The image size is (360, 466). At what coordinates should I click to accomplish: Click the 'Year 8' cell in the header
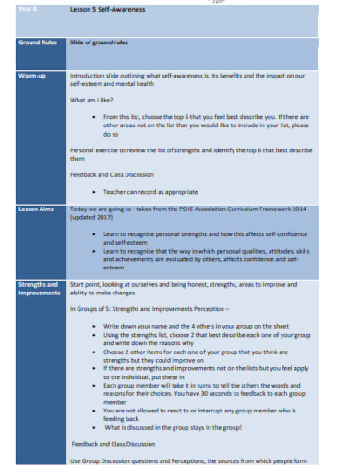[x=29, y=8]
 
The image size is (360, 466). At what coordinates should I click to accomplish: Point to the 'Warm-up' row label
[x=33, y=76]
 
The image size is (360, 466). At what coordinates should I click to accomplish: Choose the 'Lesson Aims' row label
[x=36, y=209]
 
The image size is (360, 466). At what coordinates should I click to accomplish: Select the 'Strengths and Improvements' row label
[x=39, y=290]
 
